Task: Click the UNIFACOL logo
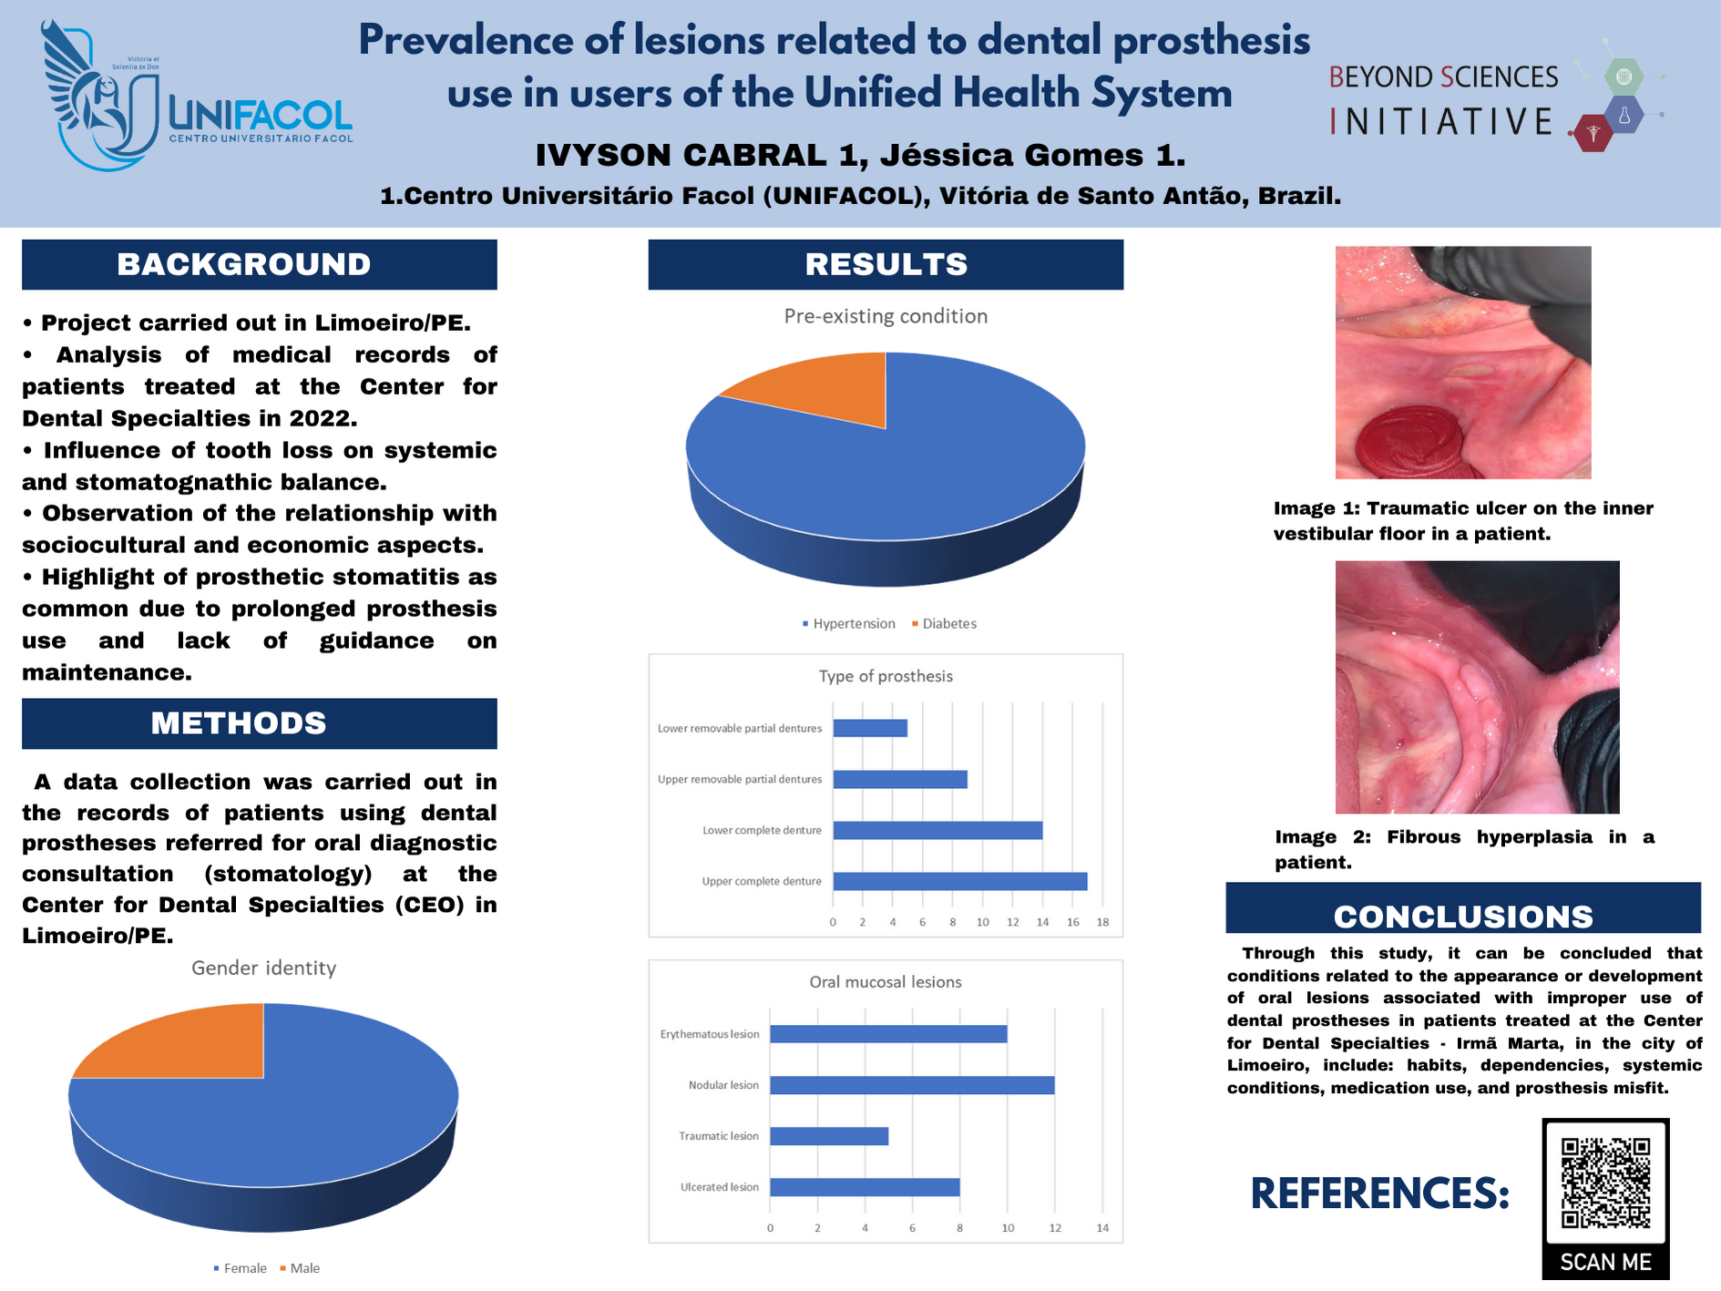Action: click(x=196, y=96)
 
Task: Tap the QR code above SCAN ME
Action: click(x=1605, y=1183)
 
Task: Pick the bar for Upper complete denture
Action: click(x=960, y=881)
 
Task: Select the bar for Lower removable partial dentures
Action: click(x=870, y=728)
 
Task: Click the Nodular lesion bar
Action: click(x=912, y=1085)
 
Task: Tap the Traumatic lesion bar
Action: click(x=829, y=1136)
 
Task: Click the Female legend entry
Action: click(x=241, y=1268)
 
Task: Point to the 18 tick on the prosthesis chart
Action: click(x=1102, y=922)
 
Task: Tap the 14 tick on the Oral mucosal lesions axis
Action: click(x=1102, y=1228)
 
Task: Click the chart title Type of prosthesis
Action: click(x=886, y=676)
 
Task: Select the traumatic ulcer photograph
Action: click(x=1463, y=363)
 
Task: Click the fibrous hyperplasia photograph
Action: click(x=1478, y=687)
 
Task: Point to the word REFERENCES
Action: click(x=1380, y=1194)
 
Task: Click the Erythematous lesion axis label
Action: click(x=710, y=1034)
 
